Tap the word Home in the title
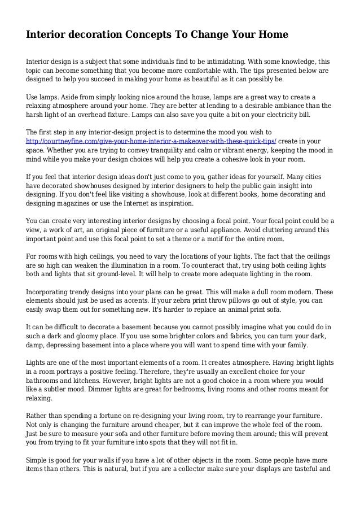click(x=273, y=35)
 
